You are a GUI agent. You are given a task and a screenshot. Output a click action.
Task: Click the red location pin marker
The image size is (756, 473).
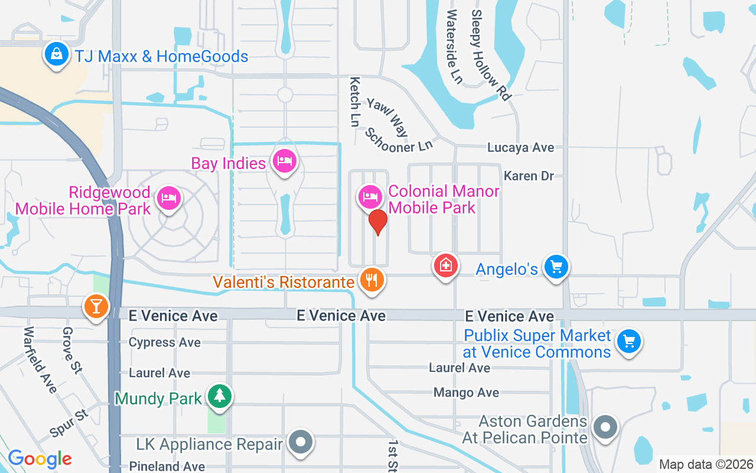[378, 222]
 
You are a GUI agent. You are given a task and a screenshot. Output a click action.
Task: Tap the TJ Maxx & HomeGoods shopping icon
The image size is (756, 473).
[56, 54]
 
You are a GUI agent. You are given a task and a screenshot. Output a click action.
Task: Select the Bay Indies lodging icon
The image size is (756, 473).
[284, 160]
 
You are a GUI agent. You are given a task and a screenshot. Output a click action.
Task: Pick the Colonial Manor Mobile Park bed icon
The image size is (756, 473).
[370, 196]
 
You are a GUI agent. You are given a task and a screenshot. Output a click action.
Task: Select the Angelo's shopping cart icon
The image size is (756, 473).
[556, 267]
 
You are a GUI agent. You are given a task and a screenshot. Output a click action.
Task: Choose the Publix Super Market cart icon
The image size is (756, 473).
[628, 341]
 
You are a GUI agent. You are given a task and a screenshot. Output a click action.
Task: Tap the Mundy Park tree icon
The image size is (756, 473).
[220, 395]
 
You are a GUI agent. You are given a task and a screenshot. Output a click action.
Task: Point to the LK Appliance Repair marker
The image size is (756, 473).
[301, 442]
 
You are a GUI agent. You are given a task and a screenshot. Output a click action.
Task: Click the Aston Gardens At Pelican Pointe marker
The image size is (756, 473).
[605, 426]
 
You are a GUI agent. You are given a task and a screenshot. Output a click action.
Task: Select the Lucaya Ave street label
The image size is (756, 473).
[521, 147]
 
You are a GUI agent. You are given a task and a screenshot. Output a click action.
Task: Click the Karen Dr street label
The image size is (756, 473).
[529, 176]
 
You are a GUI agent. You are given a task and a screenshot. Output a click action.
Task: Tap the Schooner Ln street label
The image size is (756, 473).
[399, 140]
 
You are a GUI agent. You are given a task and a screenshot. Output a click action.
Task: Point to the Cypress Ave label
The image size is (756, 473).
[165, 342]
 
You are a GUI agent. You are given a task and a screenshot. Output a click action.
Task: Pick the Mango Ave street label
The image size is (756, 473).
[466, 393]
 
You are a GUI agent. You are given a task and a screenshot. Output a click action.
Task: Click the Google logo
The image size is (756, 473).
[40, 459]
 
